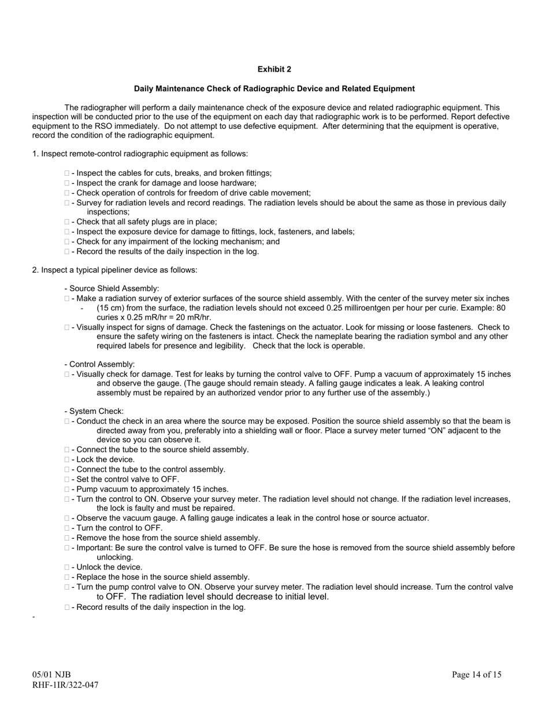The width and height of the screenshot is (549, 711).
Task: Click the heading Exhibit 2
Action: pyautogui.click(x=274, y=69)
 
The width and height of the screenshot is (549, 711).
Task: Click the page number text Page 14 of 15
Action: pyautogui.click(x=477, y=675)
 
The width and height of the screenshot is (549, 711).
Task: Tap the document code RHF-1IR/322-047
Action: pyautogui.click(x=65, y=685)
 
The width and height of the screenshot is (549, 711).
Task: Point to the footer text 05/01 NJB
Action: pyautogui.click(x=51, y=675)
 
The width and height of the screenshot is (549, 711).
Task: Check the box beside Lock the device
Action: pyautogui.click(x=67, y=460)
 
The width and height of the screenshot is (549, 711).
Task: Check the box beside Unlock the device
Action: pyautogui.click(x=67, y=567)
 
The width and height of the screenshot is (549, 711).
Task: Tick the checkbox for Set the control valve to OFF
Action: pyautogui.click(x=67, y=479)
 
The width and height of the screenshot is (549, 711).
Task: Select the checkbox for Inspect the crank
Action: pyautogui.click(x=67, y=183)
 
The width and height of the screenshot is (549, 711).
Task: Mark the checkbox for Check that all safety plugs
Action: pyautogui.click(x=67, y=222)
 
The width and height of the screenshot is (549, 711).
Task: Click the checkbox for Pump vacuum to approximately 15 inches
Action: pyautogui.click(x=67, y=489)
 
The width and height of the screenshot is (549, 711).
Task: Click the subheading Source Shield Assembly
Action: pyautogui.click(x=114, y=288)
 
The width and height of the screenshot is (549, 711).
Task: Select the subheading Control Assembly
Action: pyautogui.click(x=102, y=364)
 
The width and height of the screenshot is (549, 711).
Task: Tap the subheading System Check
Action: pyautogui.click(x=96, y=412)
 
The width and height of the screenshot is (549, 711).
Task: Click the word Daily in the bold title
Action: pyautogui.click(x=146, y=89)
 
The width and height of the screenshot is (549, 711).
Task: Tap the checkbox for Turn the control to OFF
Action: pyautogui.click(x=67, y=528)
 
